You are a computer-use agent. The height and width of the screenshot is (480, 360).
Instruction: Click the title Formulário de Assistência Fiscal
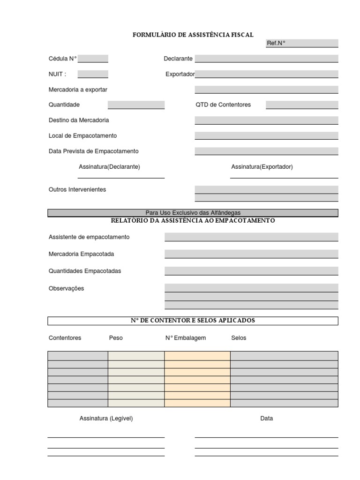pyautogui.click(x=193, y=35)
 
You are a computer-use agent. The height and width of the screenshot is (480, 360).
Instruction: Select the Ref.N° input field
pyautogui.click(x=312, y=43)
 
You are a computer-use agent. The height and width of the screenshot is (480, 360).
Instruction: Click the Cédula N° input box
pyautogui.click(x=93, y=59)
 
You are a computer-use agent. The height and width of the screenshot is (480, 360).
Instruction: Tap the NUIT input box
pyautogui.click(x=93, y=74)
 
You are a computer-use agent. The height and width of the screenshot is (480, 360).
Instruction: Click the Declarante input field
pyautogui.click(x=266, y=59)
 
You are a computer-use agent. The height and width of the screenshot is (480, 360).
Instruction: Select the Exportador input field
pyautogui.click(x=266, y=74)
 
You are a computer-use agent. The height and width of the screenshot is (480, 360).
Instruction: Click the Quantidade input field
pyautogui.click(x=136, y=105)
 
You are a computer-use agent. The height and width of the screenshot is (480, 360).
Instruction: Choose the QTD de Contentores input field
pyautogui.click(x=301, y=105)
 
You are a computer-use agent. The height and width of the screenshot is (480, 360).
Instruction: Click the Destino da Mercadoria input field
pyautogui.click(x=266, y=120)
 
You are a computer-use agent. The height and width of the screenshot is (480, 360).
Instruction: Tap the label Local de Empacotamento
pyautogui.click(x=82, y=135)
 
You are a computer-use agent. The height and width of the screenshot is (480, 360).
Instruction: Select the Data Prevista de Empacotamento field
pyautogui.click(x=266, y=151)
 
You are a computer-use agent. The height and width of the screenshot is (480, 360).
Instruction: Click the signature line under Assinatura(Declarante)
pyautogui.click(x=121, y=178)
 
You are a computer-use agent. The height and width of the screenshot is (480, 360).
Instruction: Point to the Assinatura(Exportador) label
pyautogui.click(x=262, y=167)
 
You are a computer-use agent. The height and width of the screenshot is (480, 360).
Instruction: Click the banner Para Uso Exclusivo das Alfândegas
pyautogui.click(x=193, y=213)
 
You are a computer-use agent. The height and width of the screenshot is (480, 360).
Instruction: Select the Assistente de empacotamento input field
pyautogui.click(x=251, y=237)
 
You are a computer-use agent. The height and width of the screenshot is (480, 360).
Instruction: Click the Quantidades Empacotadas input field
pyautogui.click(x=251, y=271)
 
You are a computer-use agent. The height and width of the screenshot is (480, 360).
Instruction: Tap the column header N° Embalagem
pyautogui.click(x=186, y=338)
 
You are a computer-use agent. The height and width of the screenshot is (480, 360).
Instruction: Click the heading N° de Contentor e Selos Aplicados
pyautogui.click(x=193, y=321)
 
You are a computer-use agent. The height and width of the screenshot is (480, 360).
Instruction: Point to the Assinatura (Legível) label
pyautogui.click(x=106, y=418)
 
